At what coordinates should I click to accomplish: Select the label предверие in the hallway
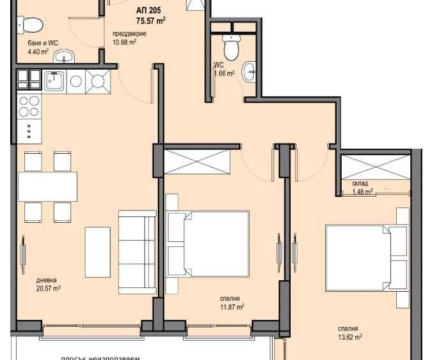(x=129, y=34)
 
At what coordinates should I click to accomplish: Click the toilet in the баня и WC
(x=30, y=26)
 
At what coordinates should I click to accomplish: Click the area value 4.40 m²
(x=38, y=52)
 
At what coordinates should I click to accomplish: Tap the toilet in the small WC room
(x=231, y=46)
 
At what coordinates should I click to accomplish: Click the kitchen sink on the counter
(x=54, y=80)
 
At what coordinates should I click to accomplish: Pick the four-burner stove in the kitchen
(x=28, y=106)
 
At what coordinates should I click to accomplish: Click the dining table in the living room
(x=47, y=186)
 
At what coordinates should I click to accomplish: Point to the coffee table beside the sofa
(x=97, y=251)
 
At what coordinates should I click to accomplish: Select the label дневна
(x=47, y=280)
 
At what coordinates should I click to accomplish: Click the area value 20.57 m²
(x=48, y=289)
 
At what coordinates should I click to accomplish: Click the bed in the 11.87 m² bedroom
(x=209, y=243)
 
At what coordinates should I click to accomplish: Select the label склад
(x=359, y=183)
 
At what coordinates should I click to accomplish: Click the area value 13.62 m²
(x=351, y=337)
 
